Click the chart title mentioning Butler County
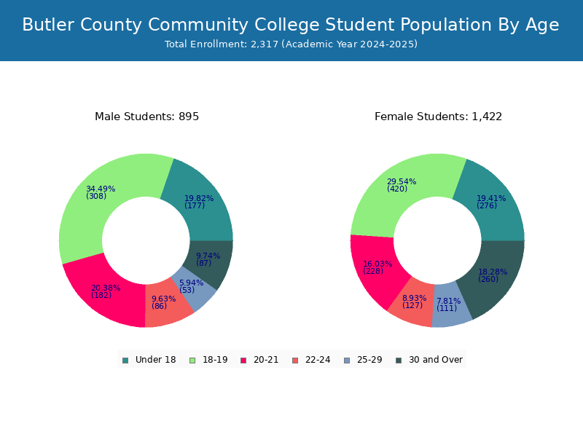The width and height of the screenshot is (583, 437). pyautogui.click(x=291, y=25)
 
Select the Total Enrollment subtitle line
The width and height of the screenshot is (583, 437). pyautogui.click(x=291, y=44)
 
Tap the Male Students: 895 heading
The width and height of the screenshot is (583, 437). pyautogui.click(x=147, y=117)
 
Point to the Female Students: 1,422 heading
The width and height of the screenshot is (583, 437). pyautogui.click(x=439, y=117)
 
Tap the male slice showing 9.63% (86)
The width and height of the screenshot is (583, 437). pyautogui.click(x=165, y=304)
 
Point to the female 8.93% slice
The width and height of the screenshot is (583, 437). pyautogui.click(x=412, y=303)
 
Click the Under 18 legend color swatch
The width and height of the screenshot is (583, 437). pyautogui.click(x=125, y=361)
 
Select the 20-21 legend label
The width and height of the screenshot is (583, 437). pyautogui.click(x=266, y=360)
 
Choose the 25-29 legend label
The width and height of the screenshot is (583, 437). pyautogui.click(x=369, y=360)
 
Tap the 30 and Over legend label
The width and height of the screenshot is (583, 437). pyautogui.click(x=436, y=360)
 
